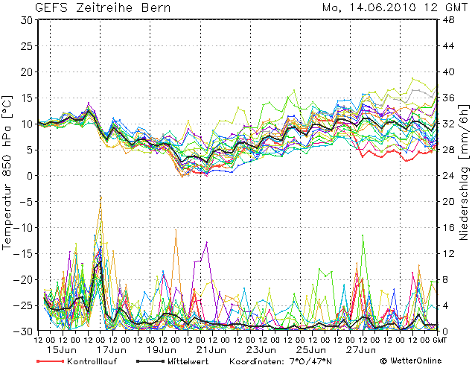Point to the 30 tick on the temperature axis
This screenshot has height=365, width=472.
25,20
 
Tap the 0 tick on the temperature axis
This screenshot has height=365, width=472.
28,176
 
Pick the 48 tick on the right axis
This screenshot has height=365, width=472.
449,20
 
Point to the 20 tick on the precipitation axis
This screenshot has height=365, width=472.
449,202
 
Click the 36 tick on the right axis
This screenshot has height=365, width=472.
449,98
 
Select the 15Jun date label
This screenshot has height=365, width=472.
58,349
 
